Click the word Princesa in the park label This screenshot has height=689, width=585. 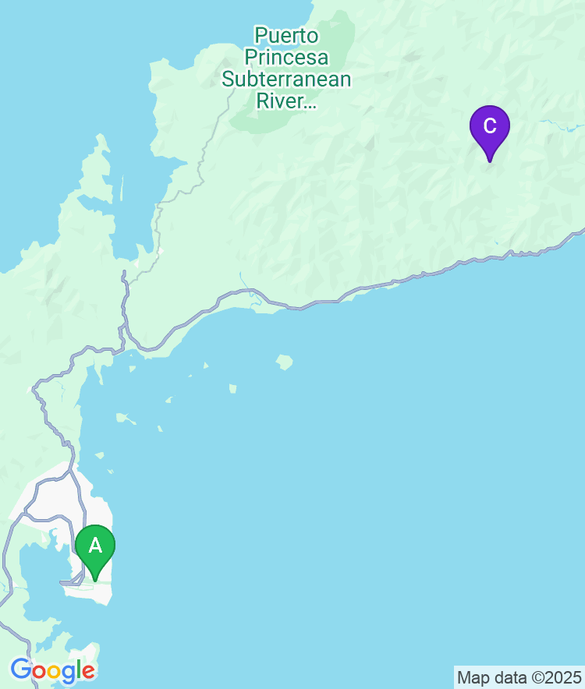(x=286, y=57)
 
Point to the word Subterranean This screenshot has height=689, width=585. (x=286, y=79)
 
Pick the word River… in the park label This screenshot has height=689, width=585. (x=286, y=101)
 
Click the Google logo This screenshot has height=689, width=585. (x=52, y=670)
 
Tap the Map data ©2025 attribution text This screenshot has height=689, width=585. (x=519, y=677)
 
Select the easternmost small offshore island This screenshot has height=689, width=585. (x=284, y=362)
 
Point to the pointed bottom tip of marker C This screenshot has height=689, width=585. (x=490, y=161)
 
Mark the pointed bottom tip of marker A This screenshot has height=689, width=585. (x=95, y=580)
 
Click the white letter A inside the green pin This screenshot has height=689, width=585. (x=95, y=545)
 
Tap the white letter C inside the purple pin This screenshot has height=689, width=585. (x=489, y=125)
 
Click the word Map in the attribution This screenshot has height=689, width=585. (x=471, y=677)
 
